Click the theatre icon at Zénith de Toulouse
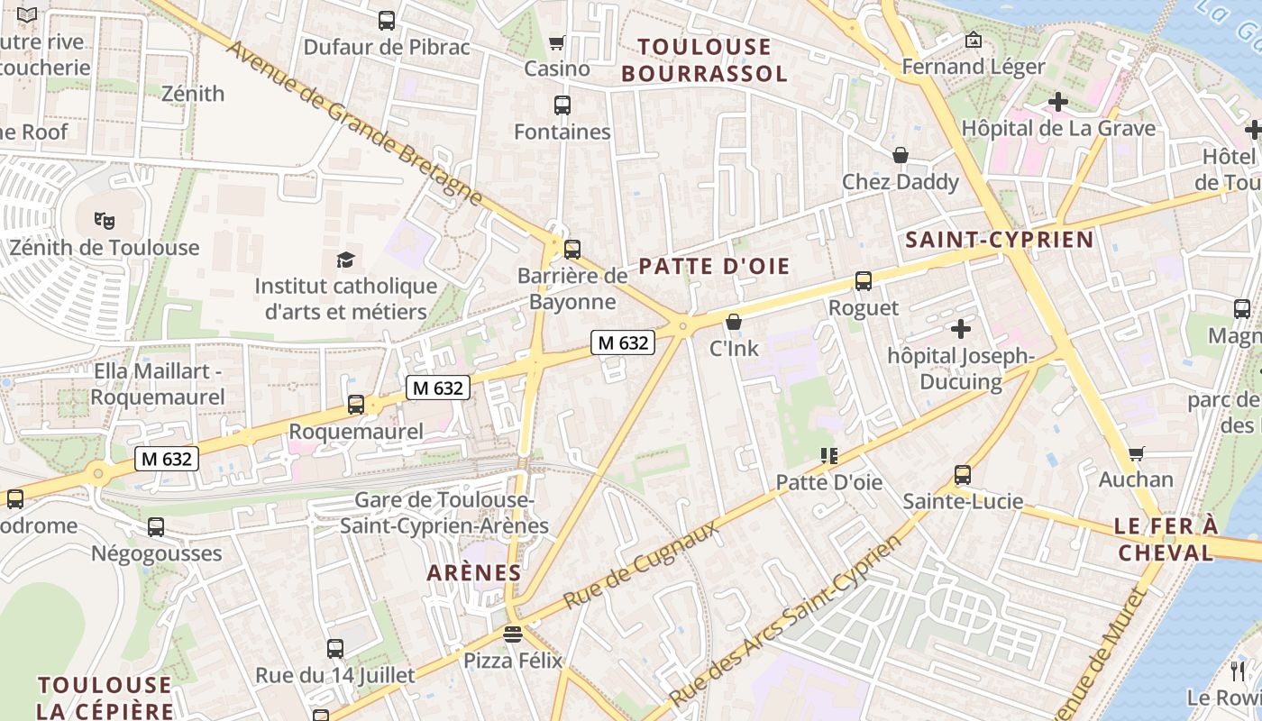click(105, 219)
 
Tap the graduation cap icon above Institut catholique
click(346, 260)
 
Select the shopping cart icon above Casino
click(557, 42)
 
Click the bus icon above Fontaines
click(562, 105)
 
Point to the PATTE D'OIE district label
click(714, 266)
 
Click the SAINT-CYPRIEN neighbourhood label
click(999, 240)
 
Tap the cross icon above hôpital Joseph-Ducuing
click(961, 329)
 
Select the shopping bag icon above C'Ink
click(734, 322)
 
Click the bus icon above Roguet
click(864, 281)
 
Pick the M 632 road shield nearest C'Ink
click(622, 342)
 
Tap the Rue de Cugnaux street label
click(642, 564)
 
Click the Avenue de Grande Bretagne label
click(354, 122)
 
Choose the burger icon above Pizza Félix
click(513, 634)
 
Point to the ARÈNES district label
click(474, 572)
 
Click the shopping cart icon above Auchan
click(1136, 453)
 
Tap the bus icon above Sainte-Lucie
click(963, 475)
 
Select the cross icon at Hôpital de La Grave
click(1058, 102)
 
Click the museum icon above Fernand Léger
click(973, 40)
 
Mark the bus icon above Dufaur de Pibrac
click(387, 20)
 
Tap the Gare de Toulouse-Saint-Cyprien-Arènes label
click(444, 513)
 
